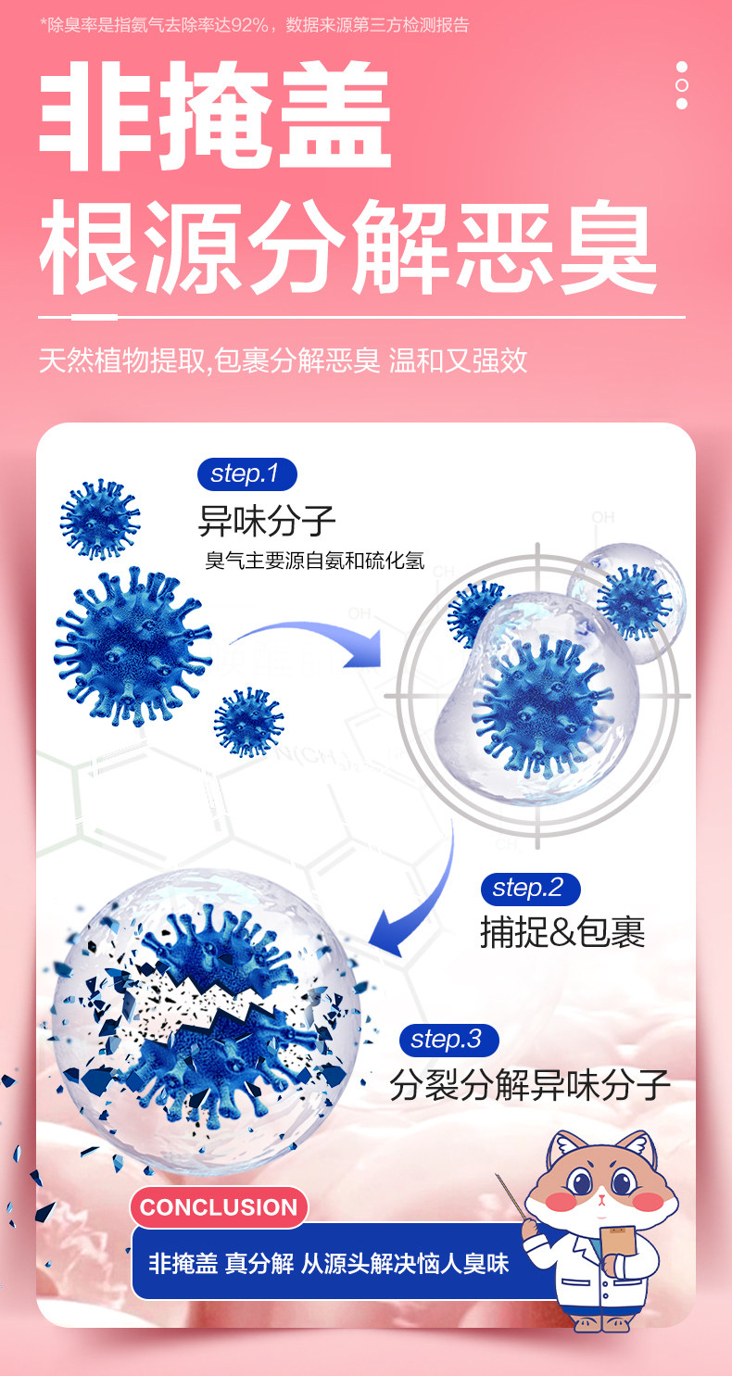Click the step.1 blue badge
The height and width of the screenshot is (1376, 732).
click(x=246, y=474)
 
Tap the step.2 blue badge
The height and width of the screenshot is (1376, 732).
click(x=529, y=889)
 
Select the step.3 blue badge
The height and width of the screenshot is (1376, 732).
click(x=448, y=1040)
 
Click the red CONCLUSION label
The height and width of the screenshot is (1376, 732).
click(x=219, y=1207)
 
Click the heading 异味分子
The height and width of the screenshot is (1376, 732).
click(x=267, y=522)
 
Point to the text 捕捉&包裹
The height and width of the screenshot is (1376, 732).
click(x=562, y=932)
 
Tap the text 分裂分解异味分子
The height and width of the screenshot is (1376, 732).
click(x=529, y=1084)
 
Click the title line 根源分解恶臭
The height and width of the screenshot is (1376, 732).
click(x=347, y=248)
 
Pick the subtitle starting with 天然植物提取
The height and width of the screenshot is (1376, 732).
click(x=283, y=360)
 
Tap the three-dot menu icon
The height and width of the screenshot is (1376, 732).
click(x=682, y=85)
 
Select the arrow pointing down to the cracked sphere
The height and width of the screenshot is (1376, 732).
click(x=417, y=890)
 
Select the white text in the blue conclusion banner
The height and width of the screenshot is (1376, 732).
click(x=329, y=1263)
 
